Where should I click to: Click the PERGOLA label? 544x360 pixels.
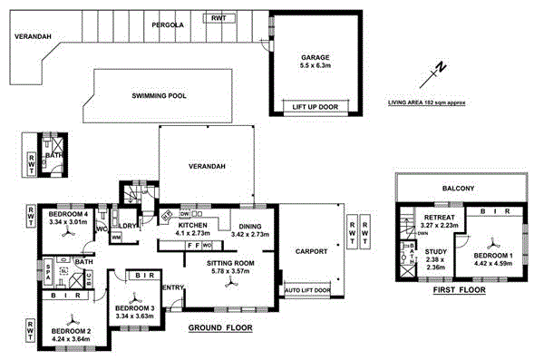(x=168, y=25)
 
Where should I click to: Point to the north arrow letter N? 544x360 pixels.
(x=439, y=67)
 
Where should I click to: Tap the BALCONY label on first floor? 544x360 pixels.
(x=460, y=189)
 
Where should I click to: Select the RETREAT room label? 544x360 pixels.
(x=437, y=219)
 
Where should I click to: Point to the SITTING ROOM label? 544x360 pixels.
(x=233, y=264)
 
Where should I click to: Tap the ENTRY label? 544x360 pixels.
(x=172, y=287)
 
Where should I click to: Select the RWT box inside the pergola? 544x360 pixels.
(x=219, y=18)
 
